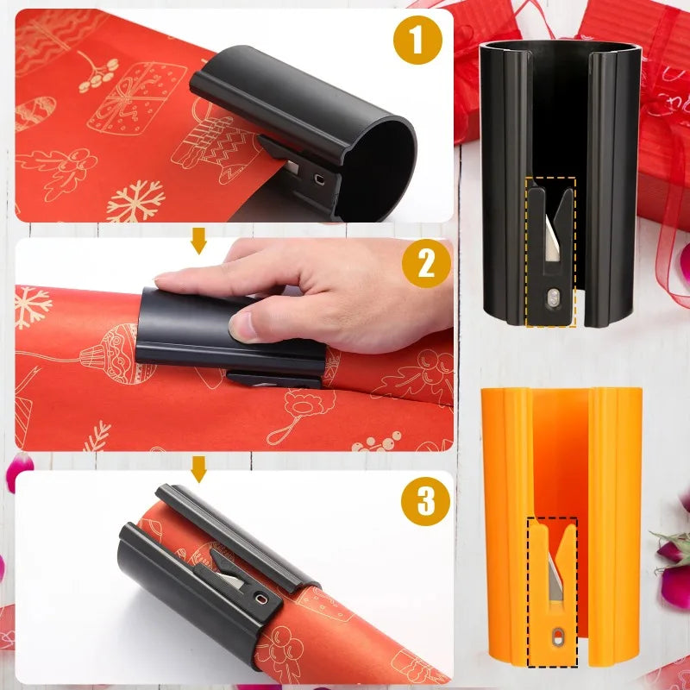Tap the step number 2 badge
click(x=426, y=265)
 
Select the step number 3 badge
click(x=426, y=501)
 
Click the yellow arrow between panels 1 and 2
click(x=198, y=241)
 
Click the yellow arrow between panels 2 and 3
click(x=198, y=469)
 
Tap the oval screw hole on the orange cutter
click(x=556, y=637)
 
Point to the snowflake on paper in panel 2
click(x=32, y=307)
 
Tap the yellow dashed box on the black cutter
click(x=550, y=252)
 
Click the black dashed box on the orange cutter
click(x=552, y=592)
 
